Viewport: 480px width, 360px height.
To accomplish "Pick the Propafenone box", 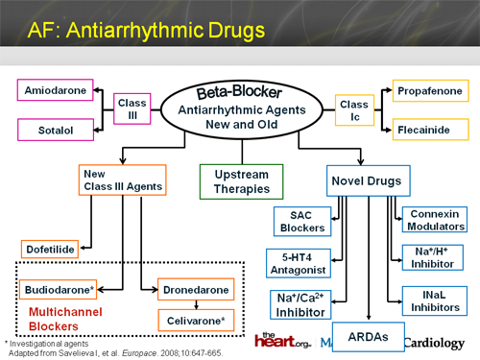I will pos(430,91).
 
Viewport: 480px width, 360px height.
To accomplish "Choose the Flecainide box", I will pos(430,127).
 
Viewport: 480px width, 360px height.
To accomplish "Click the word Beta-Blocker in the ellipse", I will pos(240,92).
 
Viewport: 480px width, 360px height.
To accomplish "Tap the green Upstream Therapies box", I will pos(240,179).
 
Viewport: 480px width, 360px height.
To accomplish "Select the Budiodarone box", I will pos(59,287).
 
